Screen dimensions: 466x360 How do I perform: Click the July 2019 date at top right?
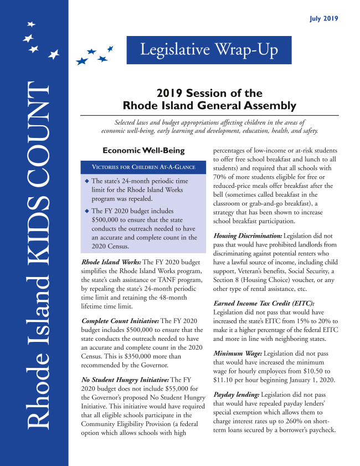[323, 19]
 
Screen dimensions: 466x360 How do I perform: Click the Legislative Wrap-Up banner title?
[208, 50]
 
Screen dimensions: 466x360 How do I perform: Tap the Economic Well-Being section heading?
[143, 151]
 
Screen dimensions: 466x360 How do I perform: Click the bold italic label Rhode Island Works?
[111, 262]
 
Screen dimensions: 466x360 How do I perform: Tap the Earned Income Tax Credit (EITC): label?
[263, 304]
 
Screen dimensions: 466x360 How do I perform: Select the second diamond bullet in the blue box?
[86, 211]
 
